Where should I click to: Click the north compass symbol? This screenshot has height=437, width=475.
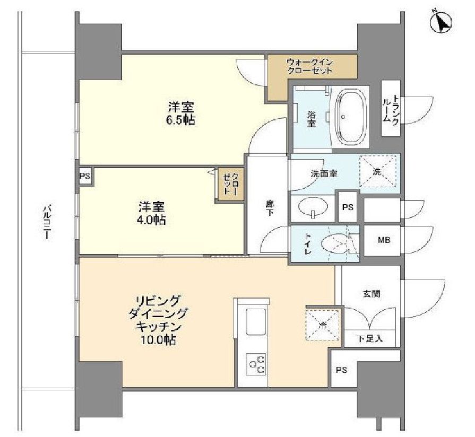(442, 22)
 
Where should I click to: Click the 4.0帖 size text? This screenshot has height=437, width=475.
(152, 219)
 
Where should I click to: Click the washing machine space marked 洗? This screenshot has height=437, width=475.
(377, 171)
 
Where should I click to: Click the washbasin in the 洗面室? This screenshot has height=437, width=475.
(313, 208)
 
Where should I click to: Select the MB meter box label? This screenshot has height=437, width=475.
(384, 241)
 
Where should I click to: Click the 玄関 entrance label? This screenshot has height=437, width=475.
(371, 293)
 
